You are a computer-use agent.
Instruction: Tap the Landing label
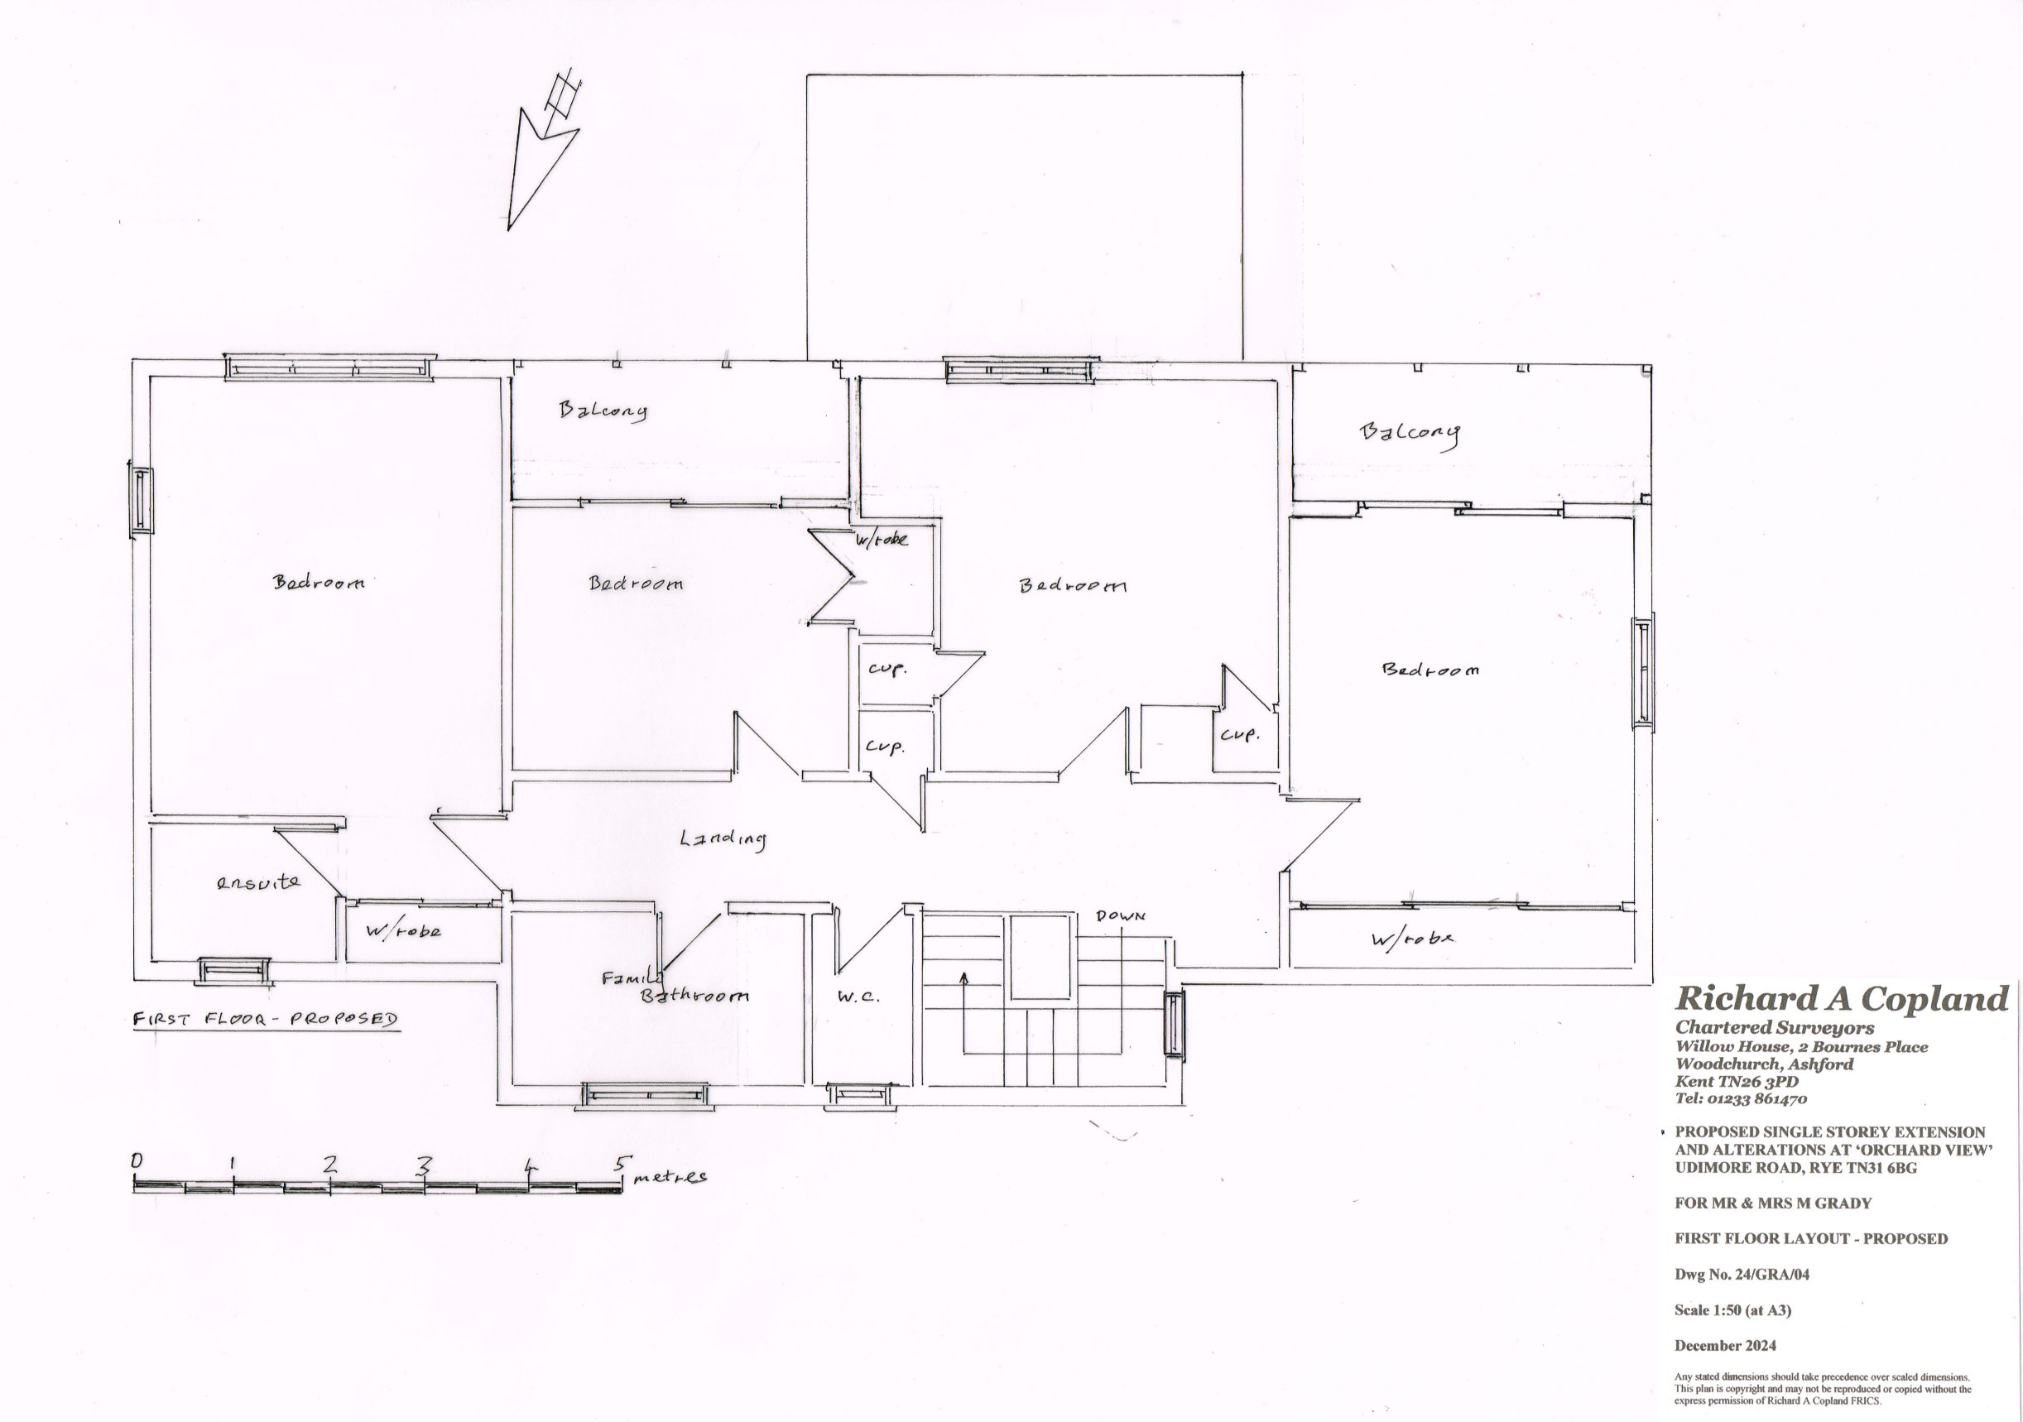pos(723,838)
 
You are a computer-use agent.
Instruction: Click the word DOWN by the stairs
pos(1120,916)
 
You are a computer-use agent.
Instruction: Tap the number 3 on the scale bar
pos(424,1166)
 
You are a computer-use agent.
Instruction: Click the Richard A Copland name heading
pos(1842,998)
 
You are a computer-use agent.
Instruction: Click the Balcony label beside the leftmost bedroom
pos(603,411)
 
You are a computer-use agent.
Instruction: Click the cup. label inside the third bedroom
pos(1240,734)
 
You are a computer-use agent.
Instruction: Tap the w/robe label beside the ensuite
pos(402,930)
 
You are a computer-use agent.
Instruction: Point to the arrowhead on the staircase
pos(965,976)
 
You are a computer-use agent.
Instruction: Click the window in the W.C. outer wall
pos(863,1094)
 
